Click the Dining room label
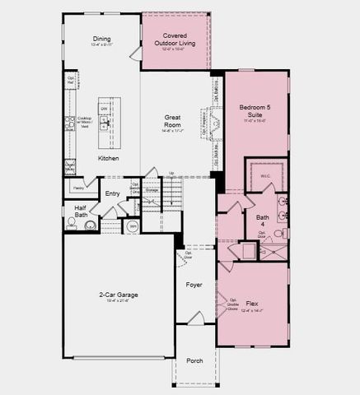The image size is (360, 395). [101, 38]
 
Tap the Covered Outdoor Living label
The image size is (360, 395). [174, 36]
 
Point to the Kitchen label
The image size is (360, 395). [108, 158]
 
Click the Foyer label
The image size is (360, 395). [194, 285]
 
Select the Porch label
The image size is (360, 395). [194, 360]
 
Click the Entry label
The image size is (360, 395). [113, 194]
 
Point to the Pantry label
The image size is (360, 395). [79, 187]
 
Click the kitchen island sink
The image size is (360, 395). [105, 124]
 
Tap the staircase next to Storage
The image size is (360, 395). [171, 194]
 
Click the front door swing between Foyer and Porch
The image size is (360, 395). [194, 318]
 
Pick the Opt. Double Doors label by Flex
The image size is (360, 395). [233, 304]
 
